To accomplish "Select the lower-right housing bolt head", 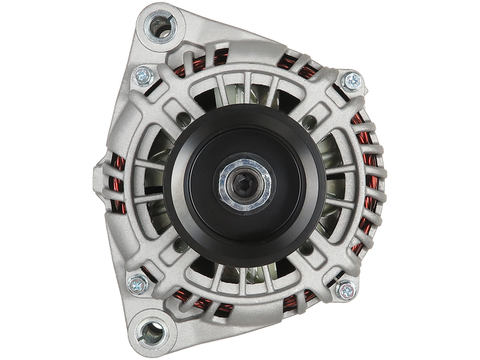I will [x=346, y=290].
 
